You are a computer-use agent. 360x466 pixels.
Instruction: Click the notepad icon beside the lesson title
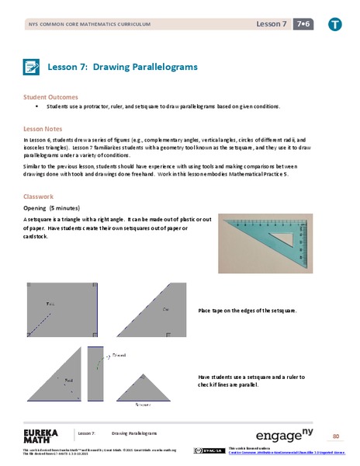(x=31, y=67)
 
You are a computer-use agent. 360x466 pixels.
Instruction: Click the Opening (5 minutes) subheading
(x=53, y=208)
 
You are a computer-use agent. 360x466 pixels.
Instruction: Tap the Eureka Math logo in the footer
(x=36, y=436)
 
